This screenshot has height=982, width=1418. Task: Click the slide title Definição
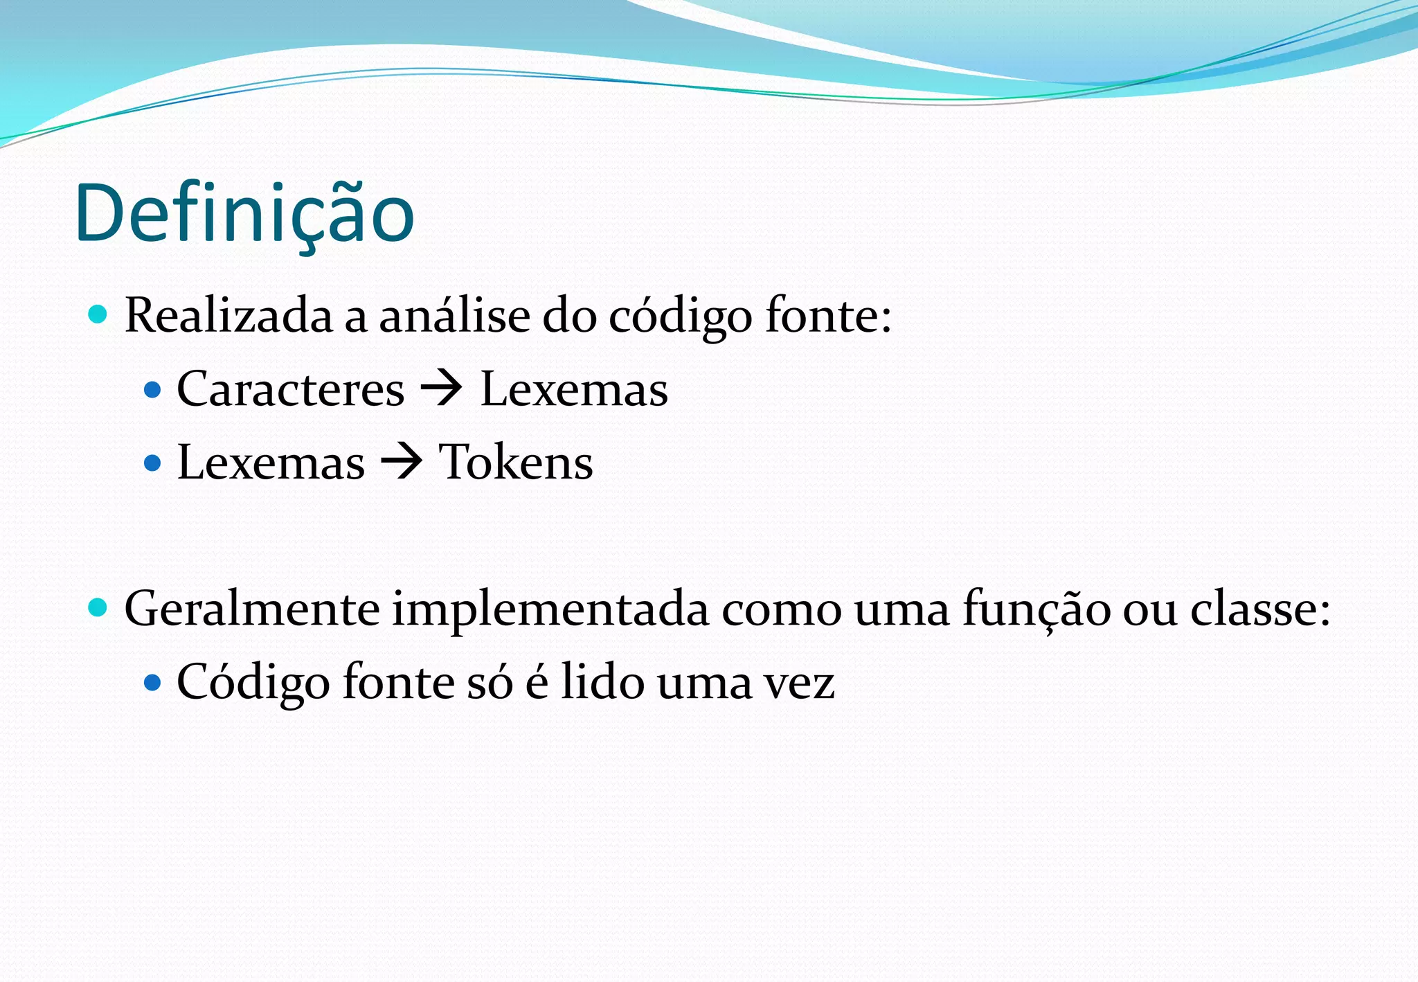pyautogui.click(x=244, y=213)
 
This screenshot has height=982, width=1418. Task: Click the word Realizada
pyautogui.click(x=228, y=316)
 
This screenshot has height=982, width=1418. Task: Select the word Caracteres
pyautogui.click(x=290, y=389)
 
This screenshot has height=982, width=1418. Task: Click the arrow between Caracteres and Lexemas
pyautogui.click(x=442, y=389)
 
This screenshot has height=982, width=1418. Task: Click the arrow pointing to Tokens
pyautogui.click(x=402, y=463)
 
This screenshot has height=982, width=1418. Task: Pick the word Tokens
pyautogui.click(x=516, y=463)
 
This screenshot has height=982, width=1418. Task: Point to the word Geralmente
pyautogui.click(x=251, y=609)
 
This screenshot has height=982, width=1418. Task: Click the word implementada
pyautogui.click(x=550, y=609)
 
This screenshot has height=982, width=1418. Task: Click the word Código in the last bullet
pyautogui.click(x=253, y=683)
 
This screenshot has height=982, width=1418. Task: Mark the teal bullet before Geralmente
pyautogui.click(x=98, y=608)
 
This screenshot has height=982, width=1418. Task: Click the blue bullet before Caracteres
pyautogui.click(x=152, y=390)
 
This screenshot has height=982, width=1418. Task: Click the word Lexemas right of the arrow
pyautogui.click(x=574, y=389)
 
